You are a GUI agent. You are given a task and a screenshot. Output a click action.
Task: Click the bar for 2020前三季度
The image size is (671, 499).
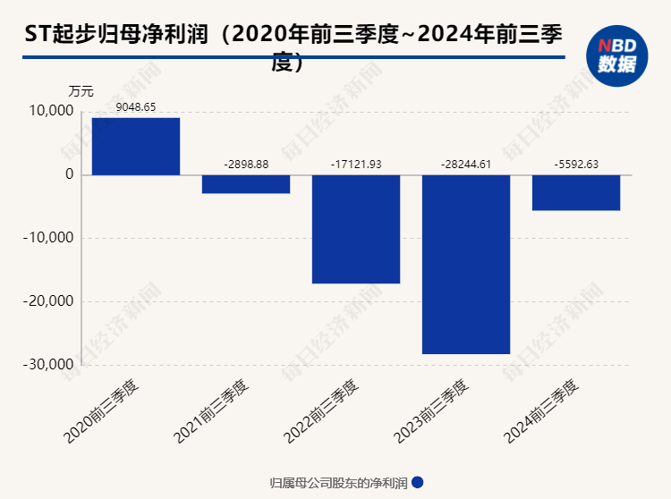tap(135, 146)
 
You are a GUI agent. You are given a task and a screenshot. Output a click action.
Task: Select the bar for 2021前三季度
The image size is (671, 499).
tap(245, 184)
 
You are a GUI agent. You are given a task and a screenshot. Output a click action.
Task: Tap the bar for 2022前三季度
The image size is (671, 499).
tap(355, 229)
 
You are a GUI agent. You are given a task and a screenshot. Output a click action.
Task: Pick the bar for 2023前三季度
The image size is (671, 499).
tap(465, 265)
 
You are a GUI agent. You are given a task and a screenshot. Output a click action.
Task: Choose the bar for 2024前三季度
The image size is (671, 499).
tap(575, 192)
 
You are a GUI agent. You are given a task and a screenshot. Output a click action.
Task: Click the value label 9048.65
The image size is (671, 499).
tap(136, 107)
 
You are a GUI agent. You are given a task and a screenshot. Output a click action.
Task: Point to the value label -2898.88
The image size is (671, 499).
tap(245, 165)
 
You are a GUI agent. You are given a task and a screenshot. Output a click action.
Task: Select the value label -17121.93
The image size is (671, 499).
tap(355, 165)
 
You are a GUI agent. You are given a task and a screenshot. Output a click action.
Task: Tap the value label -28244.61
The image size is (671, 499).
tap(465, 165)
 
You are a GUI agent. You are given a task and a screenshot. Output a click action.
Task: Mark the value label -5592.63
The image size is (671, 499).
tap(575, 165)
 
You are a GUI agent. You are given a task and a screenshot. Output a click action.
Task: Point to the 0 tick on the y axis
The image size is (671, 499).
tap(68, 175)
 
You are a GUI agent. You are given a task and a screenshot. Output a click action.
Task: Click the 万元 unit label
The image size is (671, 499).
tap(81, 90)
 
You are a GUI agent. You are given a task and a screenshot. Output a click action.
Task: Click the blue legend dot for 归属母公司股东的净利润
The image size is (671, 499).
tap(417, 483)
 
